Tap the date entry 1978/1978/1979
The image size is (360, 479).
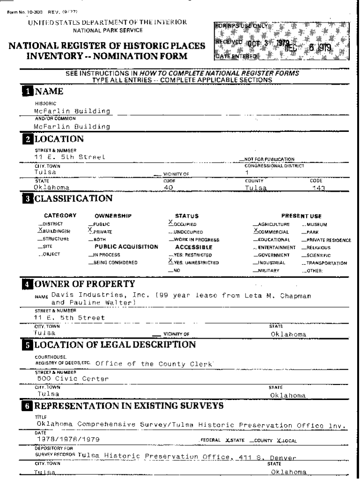68,439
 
